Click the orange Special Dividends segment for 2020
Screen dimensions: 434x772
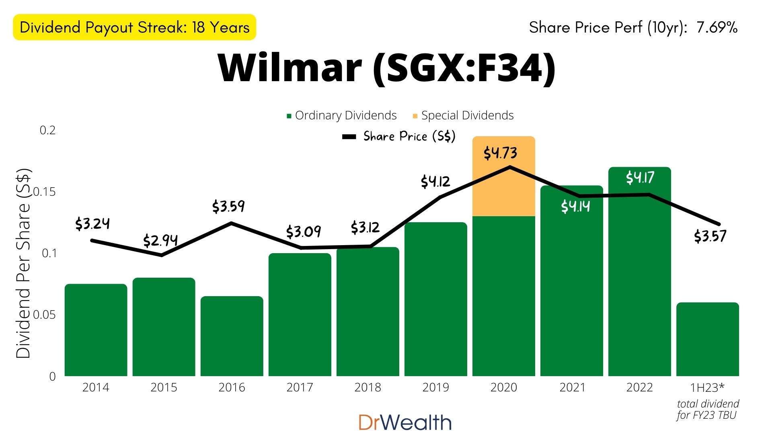(x=503, y=189)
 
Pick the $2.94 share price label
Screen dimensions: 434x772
(x=160, y=240)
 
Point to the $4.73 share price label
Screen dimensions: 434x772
(x=500, y=153)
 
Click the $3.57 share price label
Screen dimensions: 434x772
(x=710, y=236)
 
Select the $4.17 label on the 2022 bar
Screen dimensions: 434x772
(x=640, y=177)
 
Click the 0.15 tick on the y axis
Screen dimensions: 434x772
(x=45, y=192)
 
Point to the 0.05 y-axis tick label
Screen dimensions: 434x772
(x=45, y=315)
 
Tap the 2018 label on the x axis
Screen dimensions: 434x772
(x=368, y=387)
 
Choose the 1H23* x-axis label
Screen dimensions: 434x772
(x=707, y=387)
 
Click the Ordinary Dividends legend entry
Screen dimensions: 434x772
(x=342, y=116)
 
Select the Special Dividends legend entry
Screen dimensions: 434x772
(x=463, y=116)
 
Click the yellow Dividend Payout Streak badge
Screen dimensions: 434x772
(x=134, y=27)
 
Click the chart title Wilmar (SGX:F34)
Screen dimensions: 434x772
(x=387, y=68)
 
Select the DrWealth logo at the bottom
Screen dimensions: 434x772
(x=405, y=422)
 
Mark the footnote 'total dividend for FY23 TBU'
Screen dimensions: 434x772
(x=707, y=409)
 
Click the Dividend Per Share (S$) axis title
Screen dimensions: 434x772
(x=23, y=263)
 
